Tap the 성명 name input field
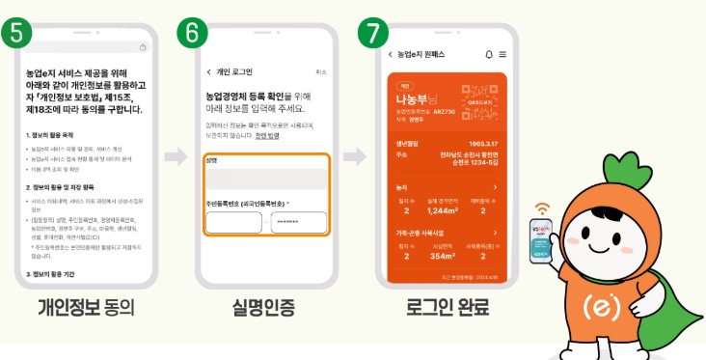tap(265, 179)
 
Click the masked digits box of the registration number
tap(298, 221)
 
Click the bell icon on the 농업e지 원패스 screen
tap(489, 54)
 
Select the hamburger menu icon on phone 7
tap(502, 54)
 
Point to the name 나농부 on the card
tap(412, 99)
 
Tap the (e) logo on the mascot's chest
tap(614, 307)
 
